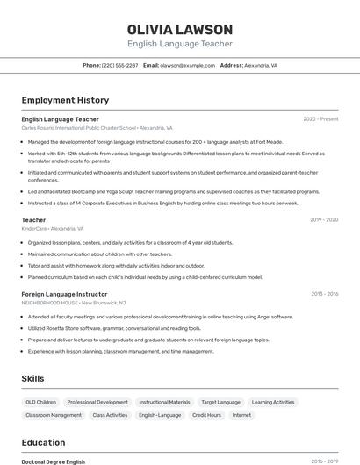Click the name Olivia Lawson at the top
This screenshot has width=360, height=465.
coord(180,30)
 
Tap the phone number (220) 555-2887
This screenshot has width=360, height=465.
coord(119,65)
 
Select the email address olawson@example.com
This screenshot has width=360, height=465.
coord(187,65)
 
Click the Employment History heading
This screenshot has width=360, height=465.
coord(65,100)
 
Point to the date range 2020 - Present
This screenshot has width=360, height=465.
coord(320,119)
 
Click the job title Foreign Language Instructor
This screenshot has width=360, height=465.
coord(64,294)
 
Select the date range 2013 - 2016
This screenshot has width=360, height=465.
coord(324,294)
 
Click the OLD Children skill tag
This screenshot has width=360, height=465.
coord(41,402)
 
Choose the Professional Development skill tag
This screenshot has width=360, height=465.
coord(97,402)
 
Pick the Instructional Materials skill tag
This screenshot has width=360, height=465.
coord(164,402)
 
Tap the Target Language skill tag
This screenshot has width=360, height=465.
coord(220,402)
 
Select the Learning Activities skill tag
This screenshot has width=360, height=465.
coord(273,402)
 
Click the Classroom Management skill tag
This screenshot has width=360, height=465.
coord(54,415)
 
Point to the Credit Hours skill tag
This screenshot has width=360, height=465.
coord(206,415)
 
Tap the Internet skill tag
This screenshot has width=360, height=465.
coord(241,415)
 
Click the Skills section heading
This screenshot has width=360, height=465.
coord(33,378)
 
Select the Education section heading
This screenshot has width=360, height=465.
coord(43,442)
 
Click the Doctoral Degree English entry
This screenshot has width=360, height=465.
coord(54,461)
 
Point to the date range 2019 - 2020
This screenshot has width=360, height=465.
coord(324,219)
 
